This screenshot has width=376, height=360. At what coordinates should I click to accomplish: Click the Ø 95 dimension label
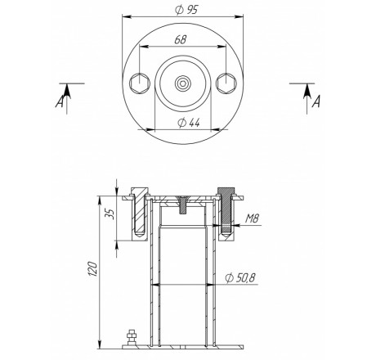tap(186, 10)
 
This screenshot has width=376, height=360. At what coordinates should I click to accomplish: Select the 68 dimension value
tap(180, 39)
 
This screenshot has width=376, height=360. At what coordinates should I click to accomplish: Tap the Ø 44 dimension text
tap(189, 123)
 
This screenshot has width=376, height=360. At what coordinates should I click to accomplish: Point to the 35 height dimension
tap(110, 214)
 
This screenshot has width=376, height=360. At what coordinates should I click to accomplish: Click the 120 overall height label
tap(92, 269)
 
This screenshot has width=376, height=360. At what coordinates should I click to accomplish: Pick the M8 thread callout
tap(252, 218)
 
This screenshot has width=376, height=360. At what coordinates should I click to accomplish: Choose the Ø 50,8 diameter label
tap(240, 277)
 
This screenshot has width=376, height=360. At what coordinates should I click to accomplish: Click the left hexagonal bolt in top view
tap(140, 83)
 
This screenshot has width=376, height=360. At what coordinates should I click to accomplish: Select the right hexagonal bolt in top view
tap(226, 83)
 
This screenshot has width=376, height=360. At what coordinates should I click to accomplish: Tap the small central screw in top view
tap(183, 83)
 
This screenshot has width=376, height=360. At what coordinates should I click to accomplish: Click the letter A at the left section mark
tap(60, 102)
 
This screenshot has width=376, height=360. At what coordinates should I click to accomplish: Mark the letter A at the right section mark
tap(316, 101)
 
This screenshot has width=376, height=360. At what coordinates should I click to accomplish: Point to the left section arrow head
tap(67, 91)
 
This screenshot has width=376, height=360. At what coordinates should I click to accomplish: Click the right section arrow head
tap(307, 91)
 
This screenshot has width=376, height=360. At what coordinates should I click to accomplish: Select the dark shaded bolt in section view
tap(226, 211)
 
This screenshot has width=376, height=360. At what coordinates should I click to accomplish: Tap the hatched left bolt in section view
tap(140, 211)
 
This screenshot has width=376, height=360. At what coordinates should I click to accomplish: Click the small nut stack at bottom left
tap(132, 338)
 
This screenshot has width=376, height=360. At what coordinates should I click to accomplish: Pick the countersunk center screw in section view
tap(183, 205)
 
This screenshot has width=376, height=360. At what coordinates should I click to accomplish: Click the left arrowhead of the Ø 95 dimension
tap(127, 17)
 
